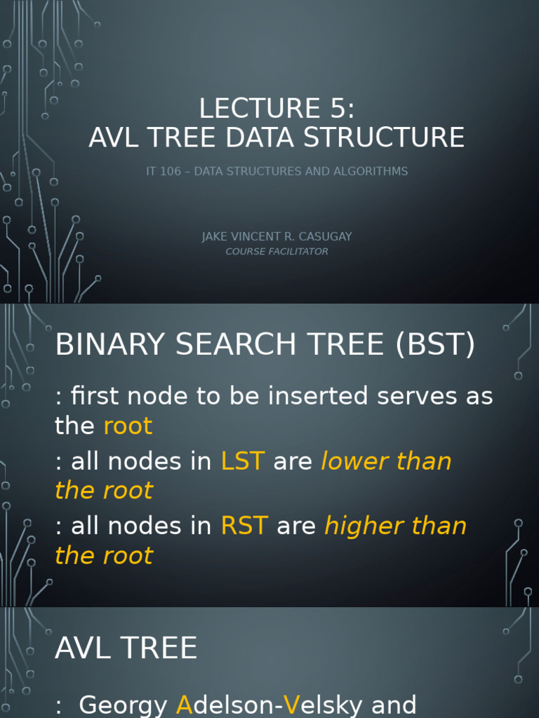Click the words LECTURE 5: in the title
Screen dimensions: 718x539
[x=277, y=109]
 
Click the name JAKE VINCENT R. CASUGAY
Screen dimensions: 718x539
[x=277, y=237]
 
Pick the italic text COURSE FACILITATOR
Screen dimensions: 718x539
[x=277, y=252]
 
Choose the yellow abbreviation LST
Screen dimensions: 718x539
[x=242, y=461]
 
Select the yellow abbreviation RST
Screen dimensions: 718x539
[x=244, y=527]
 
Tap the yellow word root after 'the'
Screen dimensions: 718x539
[x=128, y=426]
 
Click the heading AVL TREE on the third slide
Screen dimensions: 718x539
[x=126, y=649]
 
